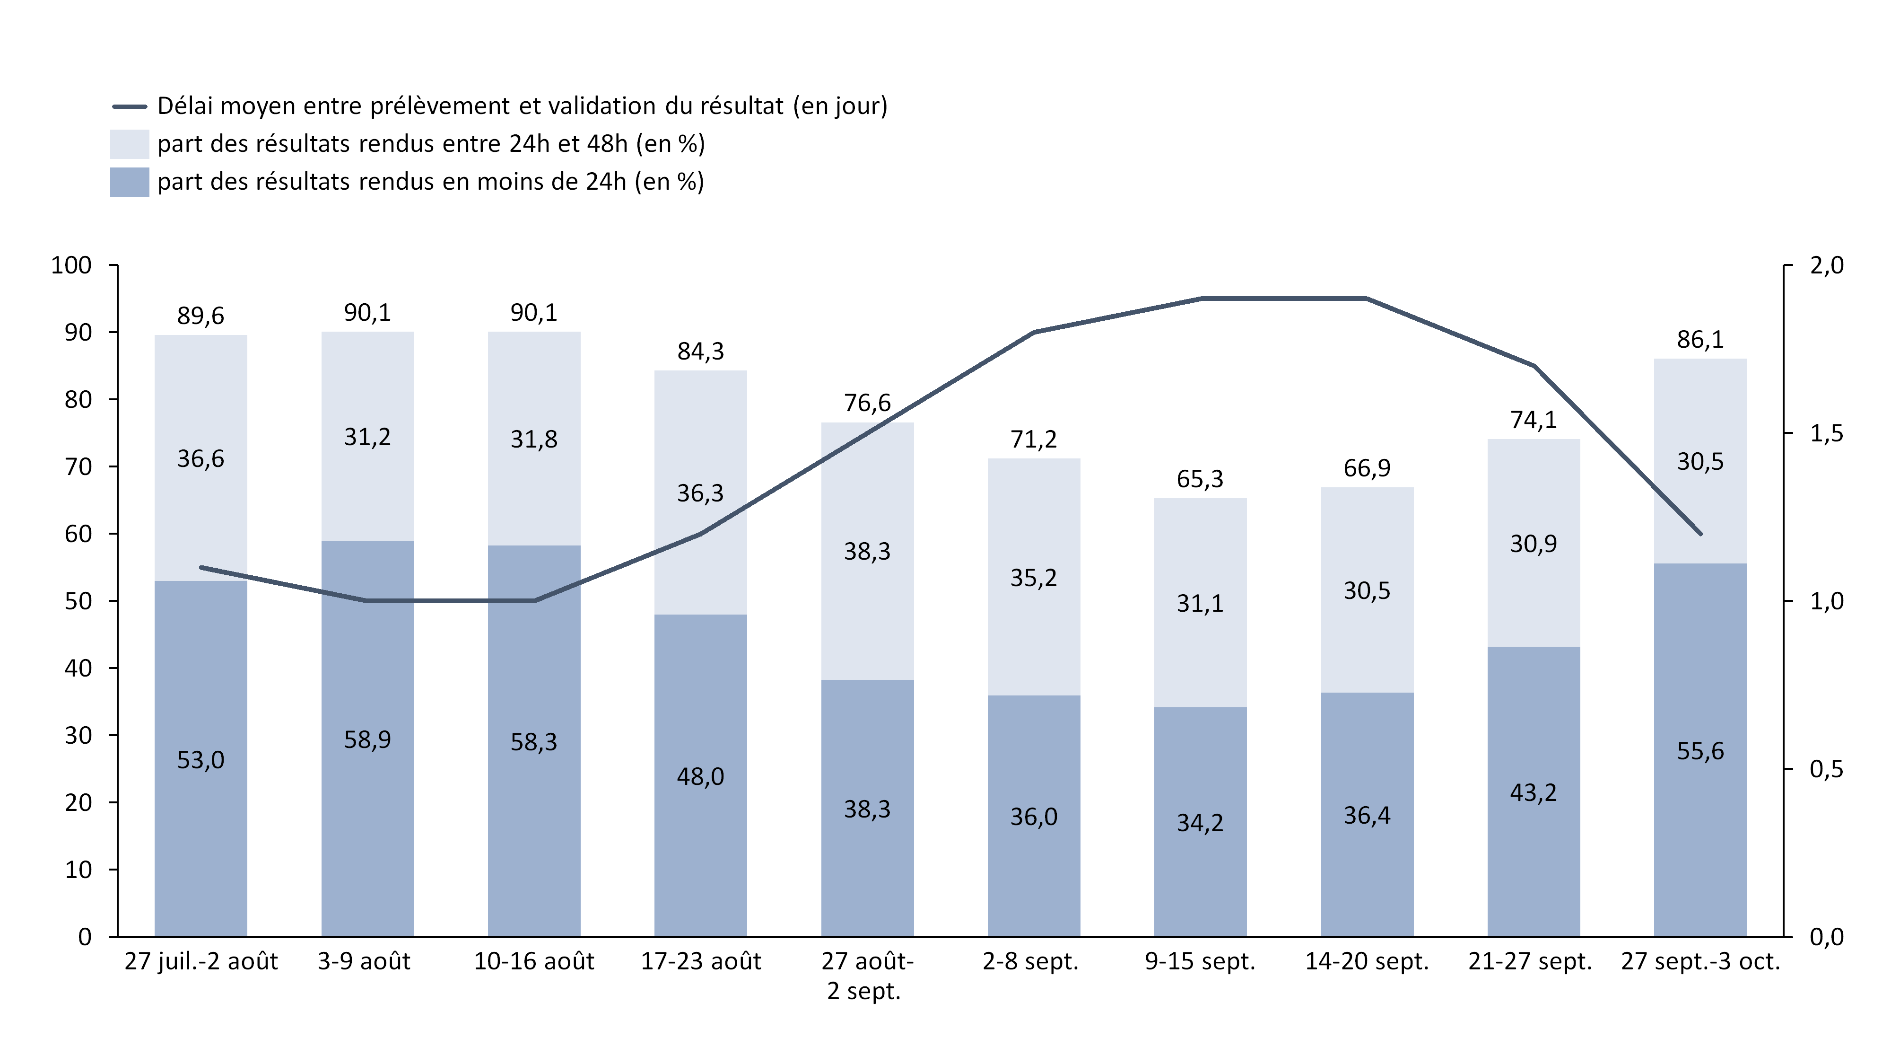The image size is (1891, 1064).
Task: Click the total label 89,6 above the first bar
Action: tap(200, 316)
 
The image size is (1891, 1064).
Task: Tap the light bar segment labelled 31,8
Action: tap(534, 439)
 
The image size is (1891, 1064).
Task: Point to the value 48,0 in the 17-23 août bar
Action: tap(700, 776)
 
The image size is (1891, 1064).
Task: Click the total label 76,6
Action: tap(867, 403)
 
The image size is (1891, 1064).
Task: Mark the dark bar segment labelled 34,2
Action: tap(1200, 822)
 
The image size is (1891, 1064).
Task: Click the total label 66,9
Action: tap(1367, 468)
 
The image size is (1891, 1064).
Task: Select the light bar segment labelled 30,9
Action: tap(1534, 544)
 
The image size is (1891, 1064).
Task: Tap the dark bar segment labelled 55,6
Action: tap(1700, 750)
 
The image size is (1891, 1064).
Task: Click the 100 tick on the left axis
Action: tap(71, 265)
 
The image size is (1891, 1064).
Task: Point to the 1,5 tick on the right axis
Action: tap(1826, 433)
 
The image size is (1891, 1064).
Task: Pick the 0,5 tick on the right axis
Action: tap(1826, 769)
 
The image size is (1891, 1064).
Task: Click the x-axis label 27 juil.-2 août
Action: tap(200, 961)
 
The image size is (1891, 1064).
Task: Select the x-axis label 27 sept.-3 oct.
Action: tap(1700, 961)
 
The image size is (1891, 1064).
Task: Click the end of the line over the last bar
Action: tap(1700, 534)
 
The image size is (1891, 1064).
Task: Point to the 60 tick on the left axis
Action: tap(78, 534)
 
